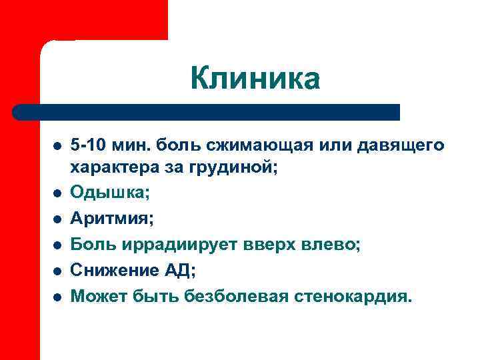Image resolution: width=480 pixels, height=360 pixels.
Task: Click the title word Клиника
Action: tap(255, 79)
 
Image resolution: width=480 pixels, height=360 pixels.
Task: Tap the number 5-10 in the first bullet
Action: tap(90, 145)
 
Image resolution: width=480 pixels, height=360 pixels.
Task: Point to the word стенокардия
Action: tap(353, 295)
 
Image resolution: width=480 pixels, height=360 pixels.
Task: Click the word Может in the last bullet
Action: tap(97, 295)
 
